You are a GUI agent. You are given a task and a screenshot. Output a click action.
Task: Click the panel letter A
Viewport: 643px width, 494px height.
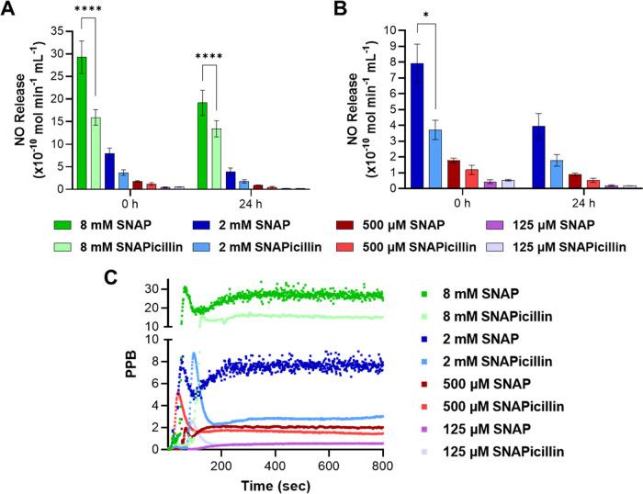8,10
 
